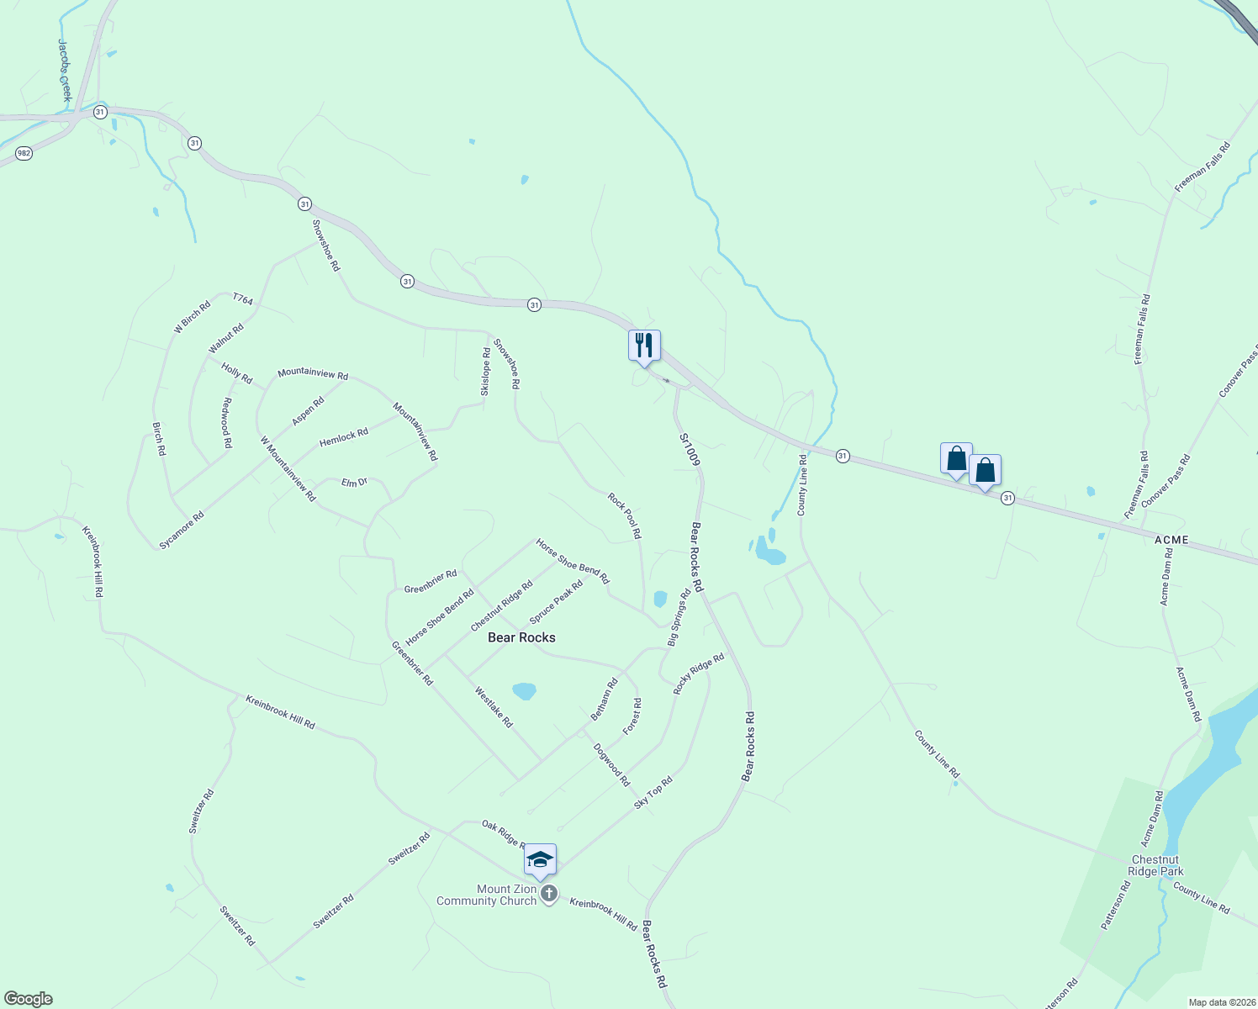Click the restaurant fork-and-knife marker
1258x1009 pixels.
pyautogui.click(x=644, y=346)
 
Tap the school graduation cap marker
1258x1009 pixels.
pyautogui.click(x=540, y=859)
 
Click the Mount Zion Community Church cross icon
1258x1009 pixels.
pyautogui.click(x=549, y=894)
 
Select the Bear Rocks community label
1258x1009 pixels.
pyautogui.click(x=521, y=637)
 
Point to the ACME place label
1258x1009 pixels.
pyautogui.click(x=1171, y=540)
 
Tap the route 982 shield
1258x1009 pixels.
pyautogui.click(x=24, y=154)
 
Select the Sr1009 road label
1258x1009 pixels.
pyautogui.click(x=690, y=450)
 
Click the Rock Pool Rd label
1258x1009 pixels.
pyautogui.click(x=625, y=515)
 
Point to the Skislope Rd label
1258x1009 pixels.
pyautogui.click(x=485, y=372)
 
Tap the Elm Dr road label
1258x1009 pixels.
pyautogui.click(x=354, y=483)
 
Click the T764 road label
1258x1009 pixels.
pyautogui.click(x=242, y=298)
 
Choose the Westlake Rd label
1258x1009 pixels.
pyautogui.click(x=494, y=707)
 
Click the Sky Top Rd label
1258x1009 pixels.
pyautogui.click(x=653, y=793)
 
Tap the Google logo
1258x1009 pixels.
pyautogui.click(x=28, y=999)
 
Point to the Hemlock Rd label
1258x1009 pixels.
pyautogui.click(x=344, y=437)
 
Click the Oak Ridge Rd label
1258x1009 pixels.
pyautogui.click(x=504, y=834)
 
